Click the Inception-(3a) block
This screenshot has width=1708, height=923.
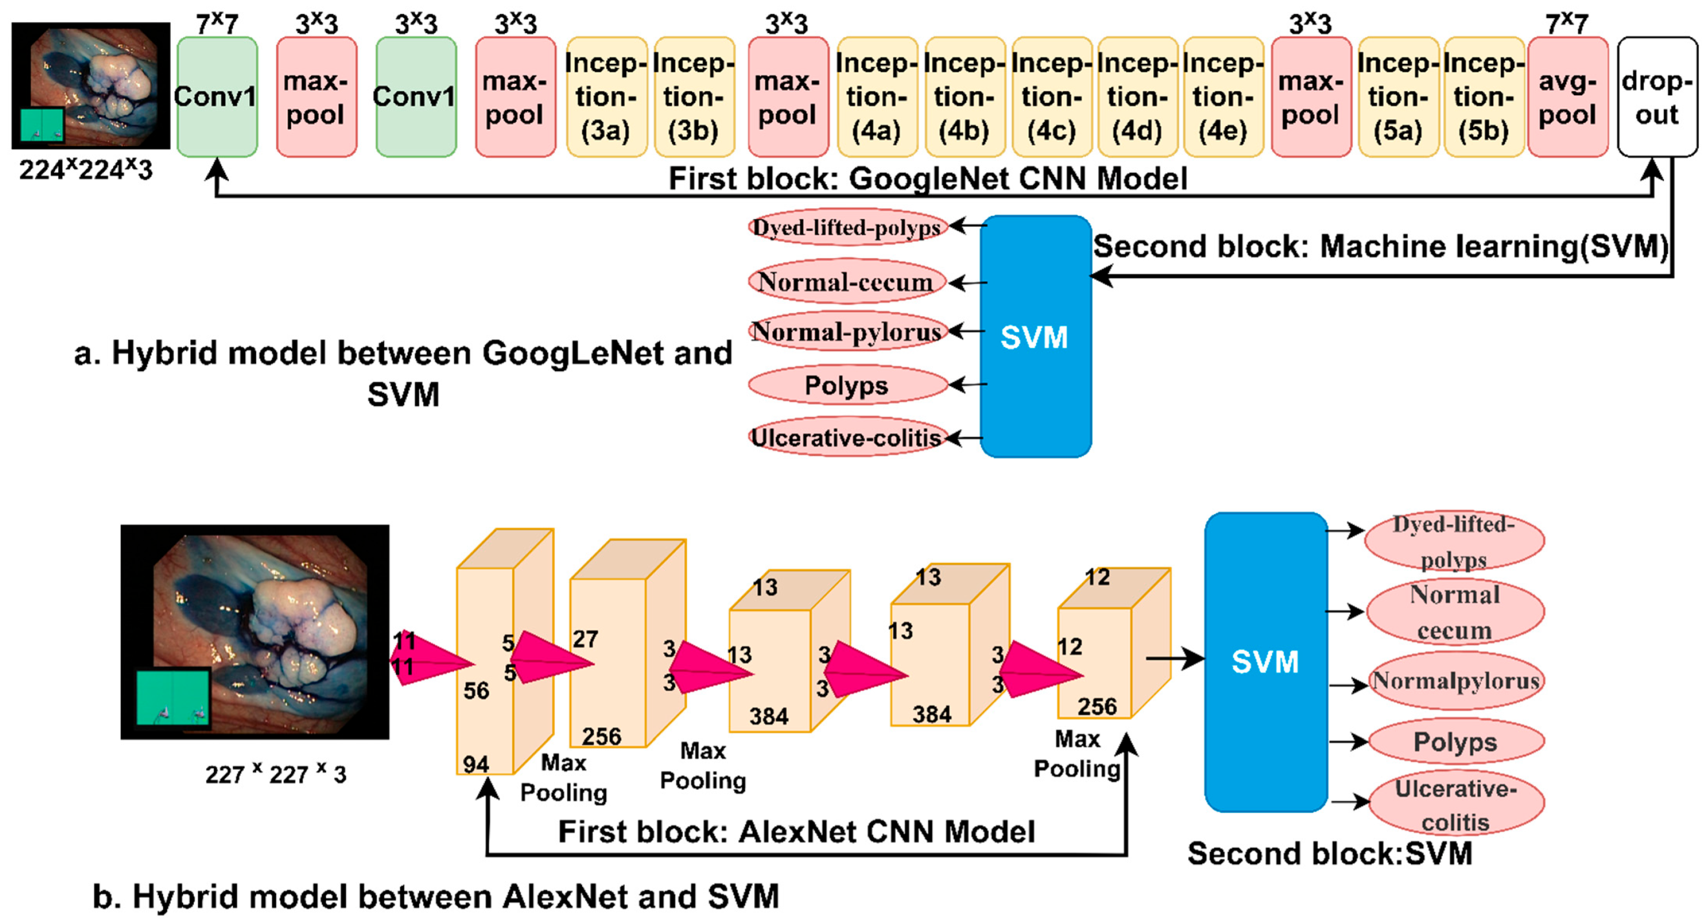605,98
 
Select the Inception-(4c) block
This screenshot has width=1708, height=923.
1052,98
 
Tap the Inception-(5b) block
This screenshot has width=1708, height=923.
1484,98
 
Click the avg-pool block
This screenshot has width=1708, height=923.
1568,98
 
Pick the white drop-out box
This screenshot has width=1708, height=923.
1657,98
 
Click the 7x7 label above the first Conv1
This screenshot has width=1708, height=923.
217,24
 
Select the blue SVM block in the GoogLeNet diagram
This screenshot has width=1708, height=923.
1035,337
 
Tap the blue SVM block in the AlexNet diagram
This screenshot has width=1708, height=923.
1265,661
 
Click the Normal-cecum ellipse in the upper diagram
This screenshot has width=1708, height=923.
847,282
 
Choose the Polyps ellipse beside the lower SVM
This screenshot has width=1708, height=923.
1455,741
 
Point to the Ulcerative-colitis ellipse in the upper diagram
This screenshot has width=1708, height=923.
847,438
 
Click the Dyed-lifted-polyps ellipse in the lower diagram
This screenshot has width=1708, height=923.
1454,542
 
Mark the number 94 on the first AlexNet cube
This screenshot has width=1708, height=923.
475,764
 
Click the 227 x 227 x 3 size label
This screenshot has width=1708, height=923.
275,773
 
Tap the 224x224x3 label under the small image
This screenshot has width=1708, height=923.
85,170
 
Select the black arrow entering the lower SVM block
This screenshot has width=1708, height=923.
1174,658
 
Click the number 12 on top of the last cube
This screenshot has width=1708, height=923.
1097,577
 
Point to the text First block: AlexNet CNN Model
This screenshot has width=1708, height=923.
795,831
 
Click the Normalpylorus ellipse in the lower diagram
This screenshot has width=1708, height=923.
1455,681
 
